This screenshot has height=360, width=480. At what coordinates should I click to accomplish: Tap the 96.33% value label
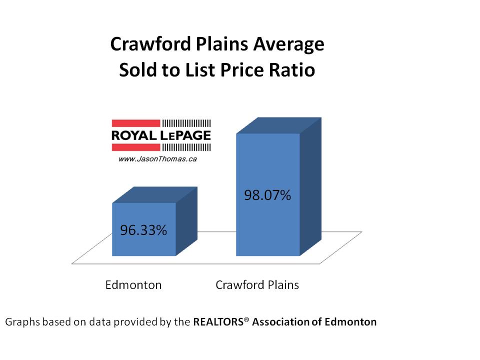click(143, 230)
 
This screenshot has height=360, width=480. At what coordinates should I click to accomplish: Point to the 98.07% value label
click(267, 195)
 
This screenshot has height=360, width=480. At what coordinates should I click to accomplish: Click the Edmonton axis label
click(133, 285)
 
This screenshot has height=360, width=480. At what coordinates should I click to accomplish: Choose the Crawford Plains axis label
click(257, 285)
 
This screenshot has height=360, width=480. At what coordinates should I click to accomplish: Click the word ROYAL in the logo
click(133, 135)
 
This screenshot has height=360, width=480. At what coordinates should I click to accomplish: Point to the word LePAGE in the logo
click(187, 135)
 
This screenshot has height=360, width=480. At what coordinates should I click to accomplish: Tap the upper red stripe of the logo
click(135, 123)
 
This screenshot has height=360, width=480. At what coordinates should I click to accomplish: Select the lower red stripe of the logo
click(135, 147)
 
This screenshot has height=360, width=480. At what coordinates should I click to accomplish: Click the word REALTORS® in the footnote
click(221, 322)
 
